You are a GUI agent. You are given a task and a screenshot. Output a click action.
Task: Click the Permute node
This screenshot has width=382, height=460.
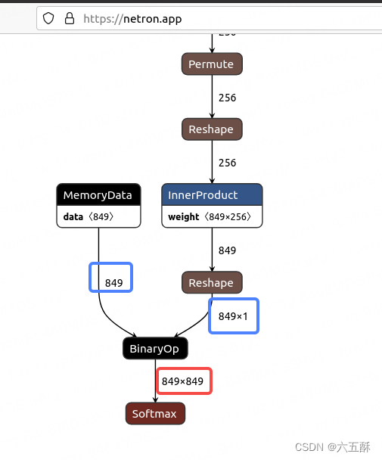tap(211, 64)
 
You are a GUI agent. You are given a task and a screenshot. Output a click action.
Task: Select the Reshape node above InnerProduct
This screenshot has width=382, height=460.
tap(211, 129)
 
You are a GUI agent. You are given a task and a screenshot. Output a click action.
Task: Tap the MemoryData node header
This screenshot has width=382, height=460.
tap(98, 195)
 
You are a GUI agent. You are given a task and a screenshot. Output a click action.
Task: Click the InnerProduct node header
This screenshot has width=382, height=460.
tap(211, 195)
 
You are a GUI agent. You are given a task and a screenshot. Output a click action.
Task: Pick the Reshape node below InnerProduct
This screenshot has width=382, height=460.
tap(211, 283)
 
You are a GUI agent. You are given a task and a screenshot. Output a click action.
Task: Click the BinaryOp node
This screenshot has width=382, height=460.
tap(155, 349)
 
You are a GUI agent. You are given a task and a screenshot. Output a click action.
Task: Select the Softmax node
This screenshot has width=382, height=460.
tap(154, 414)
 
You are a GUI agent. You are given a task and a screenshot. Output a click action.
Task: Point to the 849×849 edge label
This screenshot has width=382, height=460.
tap(183, 381)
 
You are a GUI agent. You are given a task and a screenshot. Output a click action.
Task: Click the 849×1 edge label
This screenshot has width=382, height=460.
tap(233, 316)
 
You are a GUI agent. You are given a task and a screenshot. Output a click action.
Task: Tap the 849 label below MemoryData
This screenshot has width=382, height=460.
tap(113, 283)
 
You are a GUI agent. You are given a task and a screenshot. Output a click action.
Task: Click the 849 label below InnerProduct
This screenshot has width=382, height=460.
tap(227, 250)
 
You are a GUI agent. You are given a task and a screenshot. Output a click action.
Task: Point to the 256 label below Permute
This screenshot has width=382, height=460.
tap(227, 98)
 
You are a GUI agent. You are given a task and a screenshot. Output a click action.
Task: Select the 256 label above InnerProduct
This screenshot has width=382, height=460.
tap(227, 163)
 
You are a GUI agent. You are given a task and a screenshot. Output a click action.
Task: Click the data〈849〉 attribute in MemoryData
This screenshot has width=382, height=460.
tap(88, 216)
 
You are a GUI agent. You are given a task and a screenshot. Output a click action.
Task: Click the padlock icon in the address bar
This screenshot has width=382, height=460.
tap(70, 18)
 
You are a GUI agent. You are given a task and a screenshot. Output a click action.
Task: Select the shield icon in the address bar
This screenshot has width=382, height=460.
tap(49, 18)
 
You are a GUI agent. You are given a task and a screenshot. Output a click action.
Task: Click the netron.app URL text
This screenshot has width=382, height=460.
tap(132, 18)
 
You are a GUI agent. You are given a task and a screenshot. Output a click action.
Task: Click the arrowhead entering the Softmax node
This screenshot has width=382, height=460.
tap(156, 401)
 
